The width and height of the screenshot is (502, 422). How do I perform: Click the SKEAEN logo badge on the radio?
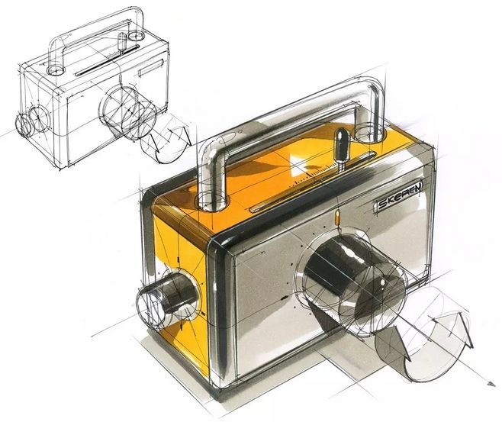click(x=394, y=204)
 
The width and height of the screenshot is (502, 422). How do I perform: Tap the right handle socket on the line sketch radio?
click(x=137, y=35)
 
